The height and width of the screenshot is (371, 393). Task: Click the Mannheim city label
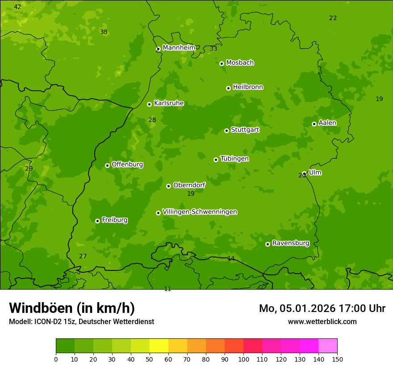tap(179, 48)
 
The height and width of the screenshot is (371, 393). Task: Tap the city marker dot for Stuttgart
tap(226, 131)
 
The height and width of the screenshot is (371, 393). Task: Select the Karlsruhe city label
tap(168, 103)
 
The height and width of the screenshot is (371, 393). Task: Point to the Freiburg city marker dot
tap(97, 221)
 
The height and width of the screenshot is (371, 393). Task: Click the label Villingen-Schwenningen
tap(200, 212)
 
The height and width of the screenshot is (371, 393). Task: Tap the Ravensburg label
tap(290, 243)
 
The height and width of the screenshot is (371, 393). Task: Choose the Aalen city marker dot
tap(314, 124)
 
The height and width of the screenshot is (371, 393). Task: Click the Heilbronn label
tap(248, 87)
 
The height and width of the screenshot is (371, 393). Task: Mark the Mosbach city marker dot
tap(222, 63)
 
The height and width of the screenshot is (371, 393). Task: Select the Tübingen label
tap(234, 159)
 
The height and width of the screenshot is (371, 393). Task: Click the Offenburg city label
tap(127, 164)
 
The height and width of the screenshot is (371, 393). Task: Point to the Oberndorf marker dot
tap(168, 186)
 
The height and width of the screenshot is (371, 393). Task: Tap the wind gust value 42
tap(17, 7)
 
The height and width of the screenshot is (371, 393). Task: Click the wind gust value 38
tap(104, 32)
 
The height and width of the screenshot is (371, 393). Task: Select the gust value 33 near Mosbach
tap(213, 48)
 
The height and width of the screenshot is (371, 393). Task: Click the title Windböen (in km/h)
tap(72, 308)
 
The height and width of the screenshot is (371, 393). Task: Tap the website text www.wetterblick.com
tap(322, 321)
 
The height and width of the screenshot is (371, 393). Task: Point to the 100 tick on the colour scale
tap(243, 359)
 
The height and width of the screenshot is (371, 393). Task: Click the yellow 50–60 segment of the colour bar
tap(159, 346)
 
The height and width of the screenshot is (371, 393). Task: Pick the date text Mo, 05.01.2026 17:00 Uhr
tap(322, 308)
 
